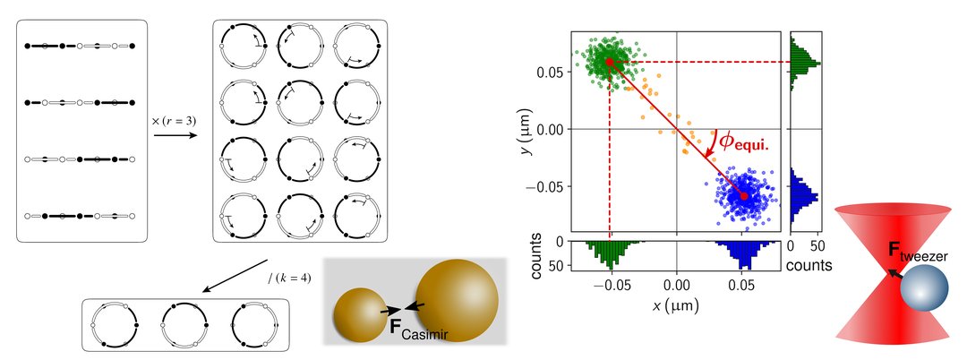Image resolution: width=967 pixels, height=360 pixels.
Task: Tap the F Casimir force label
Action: click(417, 328)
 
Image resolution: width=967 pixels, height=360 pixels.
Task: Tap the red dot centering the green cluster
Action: click(610, 62)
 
